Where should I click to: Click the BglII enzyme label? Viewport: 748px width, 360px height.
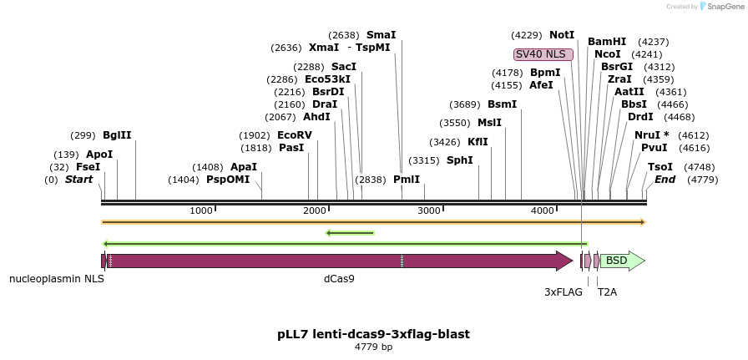[x=117, y=135]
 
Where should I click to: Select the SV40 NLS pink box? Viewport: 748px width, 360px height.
[x=543, y=54]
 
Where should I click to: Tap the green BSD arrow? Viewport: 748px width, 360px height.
[x=623, y=261]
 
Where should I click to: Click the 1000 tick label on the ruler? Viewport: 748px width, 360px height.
[x=201, y=210]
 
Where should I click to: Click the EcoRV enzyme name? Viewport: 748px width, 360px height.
[x=295, y=135]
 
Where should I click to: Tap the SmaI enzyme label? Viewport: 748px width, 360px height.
[x=382, y=35]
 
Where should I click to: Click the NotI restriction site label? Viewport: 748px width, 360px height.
[x=562, y=35]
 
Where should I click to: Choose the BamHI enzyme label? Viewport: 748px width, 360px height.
[x=607, y=42]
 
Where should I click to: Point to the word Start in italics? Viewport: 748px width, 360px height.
[x=78, y=180]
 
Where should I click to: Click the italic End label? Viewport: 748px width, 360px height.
[x=665, y=180]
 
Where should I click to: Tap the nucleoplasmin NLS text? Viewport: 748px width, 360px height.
[x=57, y=278]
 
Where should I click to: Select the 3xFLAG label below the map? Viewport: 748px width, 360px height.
[x=564, y=292]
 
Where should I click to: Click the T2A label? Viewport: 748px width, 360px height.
[x=607, y=292]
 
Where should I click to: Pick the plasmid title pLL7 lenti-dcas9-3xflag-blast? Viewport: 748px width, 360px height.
[x=373, y=334]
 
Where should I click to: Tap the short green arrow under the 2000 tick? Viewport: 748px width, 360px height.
[x=350, y=233]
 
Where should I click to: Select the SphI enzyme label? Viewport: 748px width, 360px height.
[x=460, y=160]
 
